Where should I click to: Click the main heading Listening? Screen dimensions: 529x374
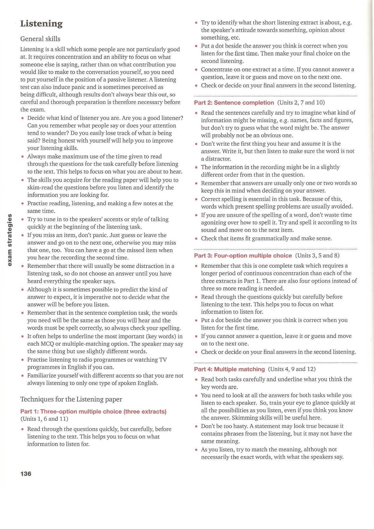[x=41, y=24]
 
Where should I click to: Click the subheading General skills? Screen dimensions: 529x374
[x=40, y=39]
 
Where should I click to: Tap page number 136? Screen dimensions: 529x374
[x=26, y=473]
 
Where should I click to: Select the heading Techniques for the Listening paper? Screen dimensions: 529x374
[x=71, y=399]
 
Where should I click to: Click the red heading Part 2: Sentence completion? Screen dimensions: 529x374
[x=234, y=103]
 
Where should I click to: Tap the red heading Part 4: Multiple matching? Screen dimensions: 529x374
[x=229, y=369]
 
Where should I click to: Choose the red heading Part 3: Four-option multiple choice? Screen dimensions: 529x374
[x=243, y=255]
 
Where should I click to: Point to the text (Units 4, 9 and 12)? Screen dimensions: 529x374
[x=292, y=369]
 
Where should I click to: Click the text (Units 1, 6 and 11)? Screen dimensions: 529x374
[x=44, y=419]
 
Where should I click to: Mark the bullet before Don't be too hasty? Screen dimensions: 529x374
[x=196, y=426]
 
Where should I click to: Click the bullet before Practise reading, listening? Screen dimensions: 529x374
[x=22, y=204]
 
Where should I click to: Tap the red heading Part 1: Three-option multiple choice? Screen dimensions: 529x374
[x=93, y=411]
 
